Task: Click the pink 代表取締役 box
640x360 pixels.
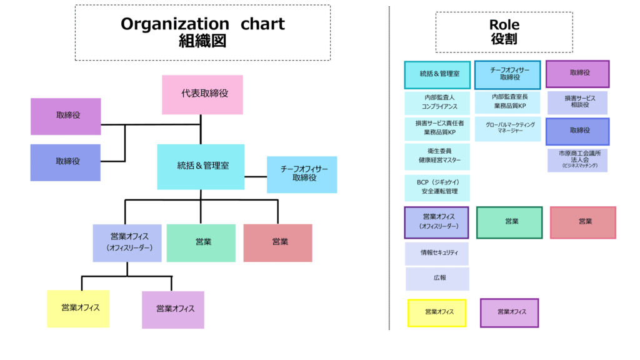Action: coord(202,94)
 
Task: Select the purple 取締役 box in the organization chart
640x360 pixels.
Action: coord(66,116)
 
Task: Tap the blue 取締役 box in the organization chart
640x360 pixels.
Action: coord(66,162)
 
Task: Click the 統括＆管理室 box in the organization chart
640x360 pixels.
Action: coord(201,166)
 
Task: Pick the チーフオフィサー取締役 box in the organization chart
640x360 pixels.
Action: coord(302,174)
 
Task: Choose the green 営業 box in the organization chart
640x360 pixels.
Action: coord(201,242)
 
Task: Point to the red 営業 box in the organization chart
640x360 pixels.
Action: coord(277,242)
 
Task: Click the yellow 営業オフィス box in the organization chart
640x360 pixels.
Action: coord(78,308)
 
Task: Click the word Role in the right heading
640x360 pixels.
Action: coord(504,25)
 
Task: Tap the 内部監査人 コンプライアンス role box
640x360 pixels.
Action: coord(437,102)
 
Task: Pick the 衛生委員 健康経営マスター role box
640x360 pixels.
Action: coord(437,156)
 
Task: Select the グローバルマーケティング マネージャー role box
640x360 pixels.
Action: coord(507,129)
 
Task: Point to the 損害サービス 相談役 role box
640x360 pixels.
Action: coord(577,102)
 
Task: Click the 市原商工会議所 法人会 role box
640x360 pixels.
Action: coord(577,160)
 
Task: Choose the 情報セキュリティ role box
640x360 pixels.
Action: coord(437,254)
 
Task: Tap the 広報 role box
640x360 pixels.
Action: coord(437,279)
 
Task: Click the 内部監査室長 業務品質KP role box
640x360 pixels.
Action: coord(507,102)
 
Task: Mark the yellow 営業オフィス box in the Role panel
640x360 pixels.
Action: coord(437,312)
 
